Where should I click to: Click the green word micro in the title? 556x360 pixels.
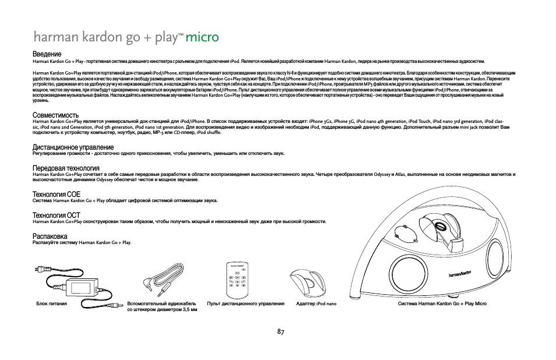pos(202,38)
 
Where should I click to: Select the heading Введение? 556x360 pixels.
pos(47,54)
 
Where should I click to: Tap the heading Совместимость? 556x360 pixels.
pos(56,115)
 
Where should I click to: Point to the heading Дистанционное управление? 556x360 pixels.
pos(73,147)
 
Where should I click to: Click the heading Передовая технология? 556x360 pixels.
pos(66,168)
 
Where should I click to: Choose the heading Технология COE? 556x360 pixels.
pos(57,195)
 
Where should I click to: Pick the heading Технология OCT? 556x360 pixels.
pos(57,216)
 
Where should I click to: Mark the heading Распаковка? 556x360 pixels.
pos(50,237)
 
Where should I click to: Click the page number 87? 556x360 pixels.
pos(280,331)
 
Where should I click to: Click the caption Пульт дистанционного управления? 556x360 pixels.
pos(245,303)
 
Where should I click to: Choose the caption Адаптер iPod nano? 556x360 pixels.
pos(316,303)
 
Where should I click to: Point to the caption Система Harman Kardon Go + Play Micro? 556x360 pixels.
pos(442,303)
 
